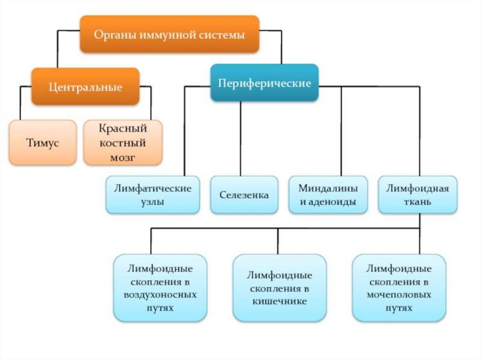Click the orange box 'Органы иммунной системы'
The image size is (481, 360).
pos(169,34)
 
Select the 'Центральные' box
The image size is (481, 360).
pos(85,87)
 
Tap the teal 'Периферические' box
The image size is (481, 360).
pos(264,83)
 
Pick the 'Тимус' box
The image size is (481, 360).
pos(42,143)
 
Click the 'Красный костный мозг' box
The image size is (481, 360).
pos(123,143)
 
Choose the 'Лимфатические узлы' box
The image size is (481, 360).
pos(153,195)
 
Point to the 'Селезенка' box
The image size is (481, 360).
pos(244,195)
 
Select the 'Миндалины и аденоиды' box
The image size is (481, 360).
pos(328,195)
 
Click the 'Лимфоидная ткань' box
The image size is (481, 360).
pos(418,195)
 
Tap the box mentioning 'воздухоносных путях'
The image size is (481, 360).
pos(160,288)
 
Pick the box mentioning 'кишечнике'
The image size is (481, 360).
pos(279,288)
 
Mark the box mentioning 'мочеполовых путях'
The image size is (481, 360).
pos(399,288)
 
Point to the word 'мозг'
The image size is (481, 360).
pos(123,158)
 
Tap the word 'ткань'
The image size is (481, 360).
pos(418,202)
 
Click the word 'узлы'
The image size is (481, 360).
pos(153,202)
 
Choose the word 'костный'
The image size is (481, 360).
pos(123,143)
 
